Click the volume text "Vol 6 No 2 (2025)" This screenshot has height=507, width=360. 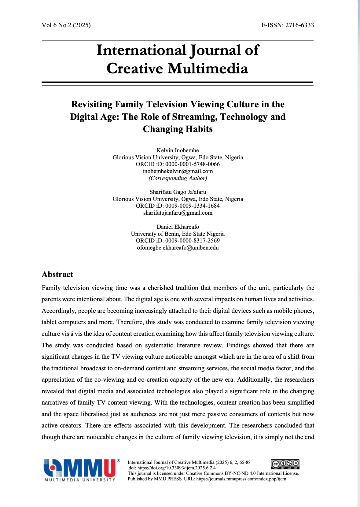(x=66, y=25)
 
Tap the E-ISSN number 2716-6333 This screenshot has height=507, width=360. (x=299, y=25)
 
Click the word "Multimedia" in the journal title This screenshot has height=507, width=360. (x=208, y=68)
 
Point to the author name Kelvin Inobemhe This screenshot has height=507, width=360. (x=178, y=150)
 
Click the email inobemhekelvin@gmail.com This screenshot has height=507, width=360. (x=178, y=171)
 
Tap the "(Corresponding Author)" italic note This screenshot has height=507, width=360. (x=178, y=178)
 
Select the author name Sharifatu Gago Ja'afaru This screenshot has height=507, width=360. (x=178, y=192)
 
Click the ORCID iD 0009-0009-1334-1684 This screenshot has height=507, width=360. (x=192, y=206)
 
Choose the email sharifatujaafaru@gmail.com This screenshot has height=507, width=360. (x=178, y=213)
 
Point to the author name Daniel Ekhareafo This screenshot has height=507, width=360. (x=178, y=227)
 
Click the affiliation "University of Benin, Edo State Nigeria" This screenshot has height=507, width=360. (x=178, y=234)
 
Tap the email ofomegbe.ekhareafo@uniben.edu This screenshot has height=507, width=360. (x=178, y=248)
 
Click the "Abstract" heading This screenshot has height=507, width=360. (x=57, y=274)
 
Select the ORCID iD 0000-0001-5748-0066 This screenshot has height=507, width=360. (x=192, y=164)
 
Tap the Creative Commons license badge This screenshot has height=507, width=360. (x=285, y=464)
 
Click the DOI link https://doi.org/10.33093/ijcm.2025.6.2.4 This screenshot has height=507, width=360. (x=176, y=468)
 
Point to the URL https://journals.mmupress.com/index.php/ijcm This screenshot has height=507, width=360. (x=241, y=479)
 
